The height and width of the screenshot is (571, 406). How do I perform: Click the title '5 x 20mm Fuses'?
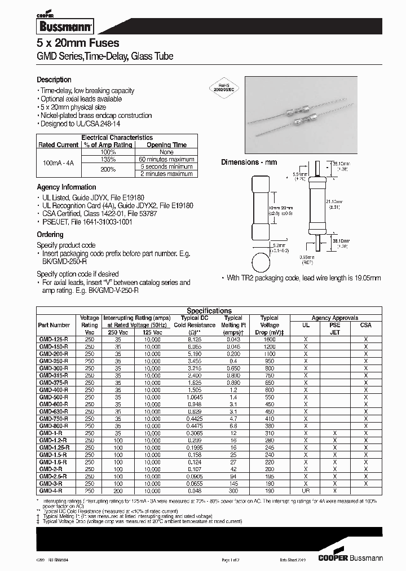[78, 43]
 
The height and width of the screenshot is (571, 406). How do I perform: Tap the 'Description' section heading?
[54, 80]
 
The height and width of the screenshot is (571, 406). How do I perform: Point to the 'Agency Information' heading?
[67, 187]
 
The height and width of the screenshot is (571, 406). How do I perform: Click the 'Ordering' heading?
[50, 234]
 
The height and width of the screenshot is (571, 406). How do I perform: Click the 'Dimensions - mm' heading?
[249, 162]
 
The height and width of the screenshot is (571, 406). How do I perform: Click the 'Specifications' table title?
[209, 311]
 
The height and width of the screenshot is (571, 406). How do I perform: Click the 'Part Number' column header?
[55, 325]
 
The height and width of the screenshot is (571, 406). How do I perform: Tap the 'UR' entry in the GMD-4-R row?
[306, 490]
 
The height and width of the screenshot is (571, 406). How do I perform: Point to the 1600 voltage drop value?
[270, 339]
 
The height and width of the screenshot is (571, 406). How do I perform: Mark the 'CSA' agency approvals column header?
[365, 325]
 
